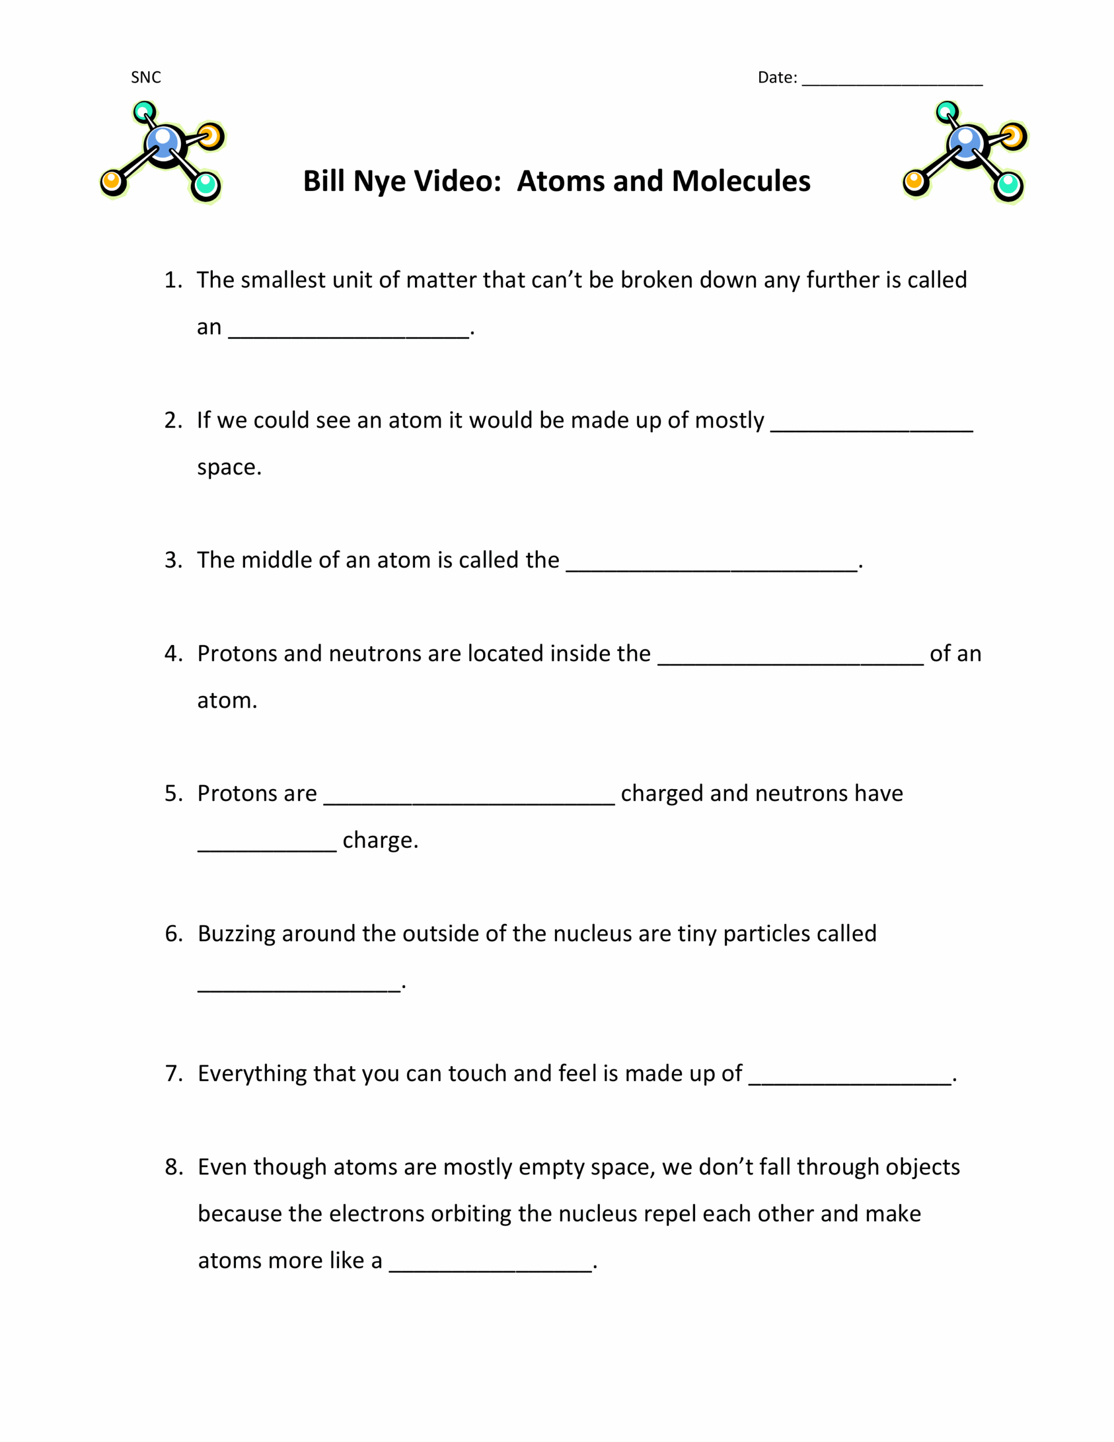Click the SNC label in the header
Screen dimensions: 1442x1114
(146, 78)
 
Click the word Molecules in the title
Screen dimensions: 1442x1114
(741, 181)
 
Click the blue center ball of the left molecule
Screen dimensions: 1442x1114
(163, 143)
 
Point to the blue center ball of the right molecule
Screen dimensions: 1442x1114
(966, 143)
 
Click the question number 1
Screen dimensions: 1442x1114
(172, 280)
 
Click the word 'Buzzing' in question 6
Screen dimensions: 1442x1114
(236, 933)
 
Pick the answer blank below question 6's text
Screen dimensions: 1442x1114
(299, 987)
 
